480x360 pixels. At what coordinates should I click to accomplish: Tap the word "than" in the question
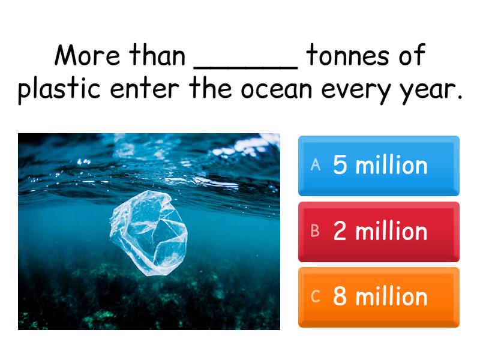pos(158,56)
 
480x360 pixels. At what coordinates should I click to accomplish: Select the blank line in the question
pos(245,66)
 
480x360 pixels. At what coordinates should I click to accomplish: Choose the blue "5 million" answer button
pos(379,166)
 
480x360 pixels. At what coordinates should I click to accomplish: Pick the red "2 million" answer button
pos(379,232)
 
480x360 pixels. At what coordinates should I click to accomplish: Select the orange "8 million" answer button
pos(379,297)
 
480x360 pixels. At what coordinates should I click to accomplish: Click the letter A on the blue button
pos(316,166)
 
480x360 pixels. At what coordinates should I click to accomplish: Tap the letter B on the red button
pos(316,232)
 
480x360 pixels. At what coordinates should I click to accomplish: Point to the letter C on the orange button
pos(316,297)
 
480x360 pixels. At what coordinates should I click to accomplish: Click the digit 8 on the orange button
pos(340,297)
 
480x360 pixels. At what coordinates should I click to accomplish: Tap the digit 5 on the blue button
pos(340,166)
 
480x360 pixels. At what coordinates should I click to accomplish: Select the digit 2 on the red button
pos(340,232)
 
